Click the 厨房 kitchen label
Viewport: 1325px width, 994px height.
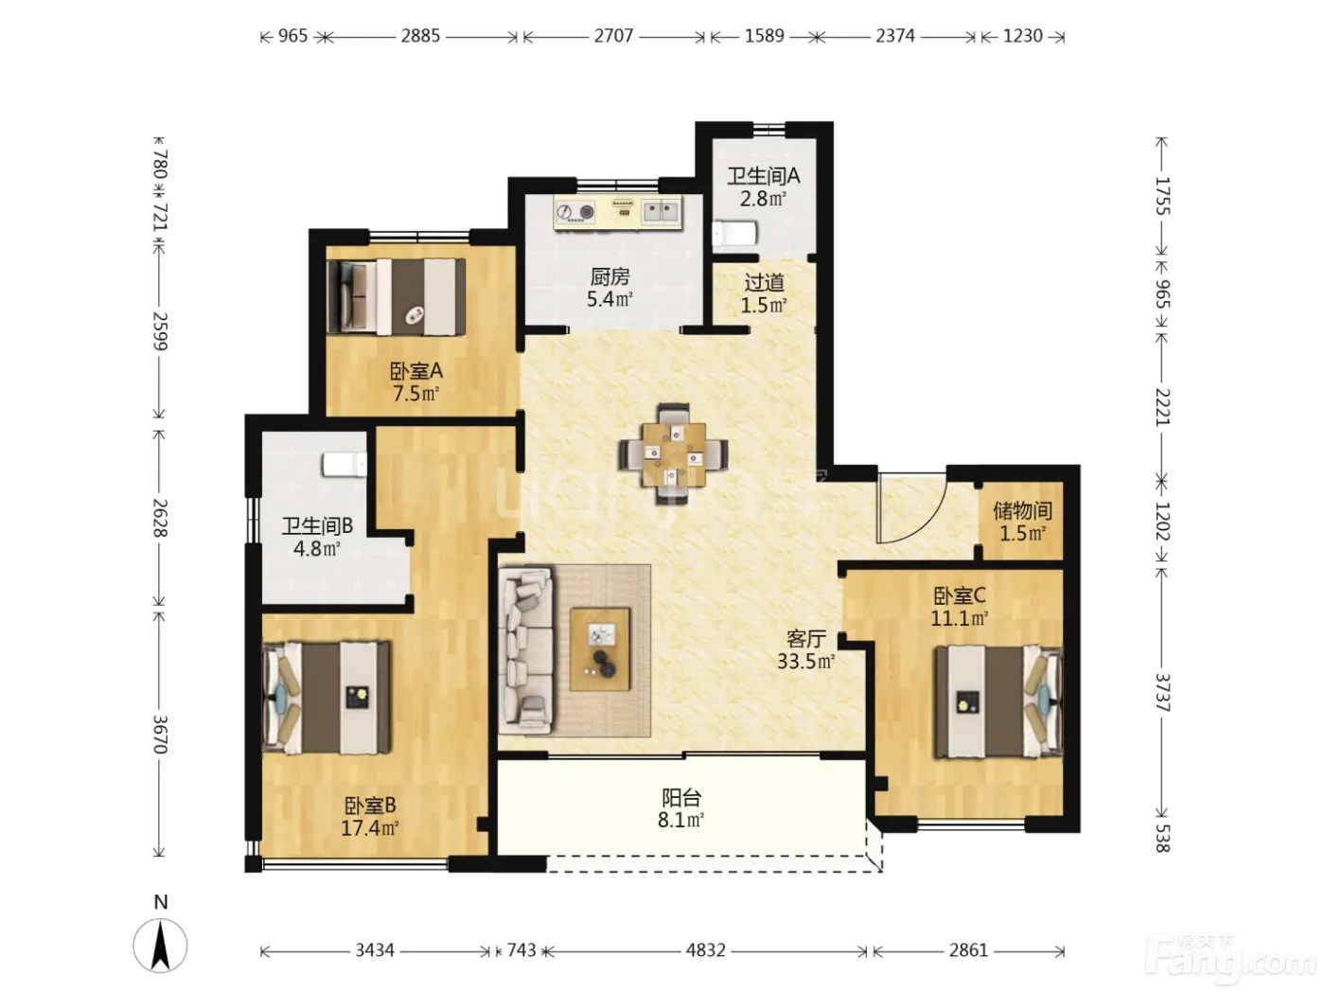609,276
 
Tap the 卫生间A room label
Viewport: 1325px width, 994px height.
763,176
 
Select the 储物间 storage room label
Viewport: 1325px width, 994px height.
1022,510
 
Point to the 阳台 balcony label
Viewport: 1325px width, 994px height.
680,797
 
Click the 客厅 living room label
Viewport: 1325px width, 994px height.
805,638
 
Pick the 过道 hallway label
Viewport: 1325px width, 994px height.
764,282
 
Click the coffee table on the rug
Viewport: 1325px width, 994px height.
600,648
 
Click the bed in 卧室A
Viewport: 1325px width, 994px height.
396,297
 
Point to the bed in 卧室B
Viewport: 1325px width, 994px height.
326,698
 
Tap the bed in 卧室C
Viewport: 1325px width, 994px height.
998,701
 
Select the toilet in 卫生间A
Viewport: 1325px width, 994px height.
734,234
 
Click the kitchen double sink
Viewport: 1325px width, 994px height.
661,211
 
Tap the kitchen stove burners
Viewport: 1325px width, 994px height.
575,212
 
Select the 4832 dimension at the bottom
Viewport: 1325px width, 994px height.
705,950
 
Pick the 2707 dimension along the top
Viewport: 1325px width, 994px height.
613,36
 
